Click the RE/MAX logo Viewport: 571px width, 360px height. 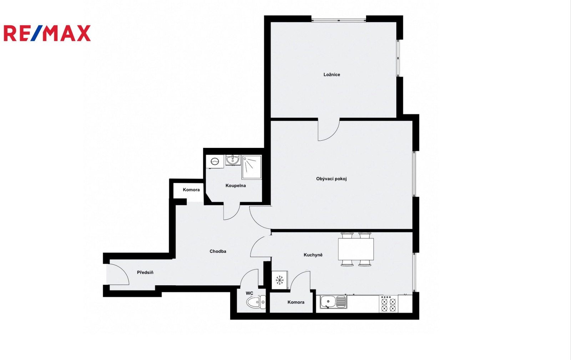click(x=47, y=33)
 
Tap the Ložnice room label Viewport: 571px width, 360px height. click(x=332, y=75)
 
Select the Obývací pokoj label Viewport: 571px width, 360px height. click(x=332, y=179)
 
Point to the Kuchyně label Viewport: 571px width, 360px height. click(x=313, y=255)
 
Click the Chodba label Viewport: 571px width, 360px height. click(x=218, y=251)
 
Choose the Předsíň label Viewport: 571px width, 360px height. click(x=145, y=272)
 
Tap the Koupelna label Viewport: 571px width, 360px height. click(x=236, y=185)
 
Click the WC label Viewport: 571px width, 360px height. click(x=249, y=293)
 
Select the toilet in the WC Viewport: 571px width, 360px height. click(x=256, y=302)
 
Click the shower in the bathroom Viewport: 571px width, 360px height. click(x=252, y=167)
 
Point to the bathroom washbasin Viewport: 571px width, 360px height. click(x=233, y=160)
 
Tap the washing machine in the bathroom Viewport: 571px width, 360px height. click(x=214, y=161)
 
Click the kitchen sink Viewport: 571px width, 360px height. click(x=333, y=302)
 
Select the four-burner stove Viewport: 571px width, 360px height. click(x=389, y=304)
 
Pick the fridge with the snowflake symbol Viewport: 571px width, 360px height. click(x=280, y=280)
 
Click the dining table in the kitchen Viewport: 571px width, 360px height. click(x=356, y=249)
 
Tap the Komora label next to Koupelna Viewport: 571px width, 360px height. click(x=191, y=190)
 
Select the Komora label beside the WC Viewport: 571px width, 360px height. click(x=296, y=302)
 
